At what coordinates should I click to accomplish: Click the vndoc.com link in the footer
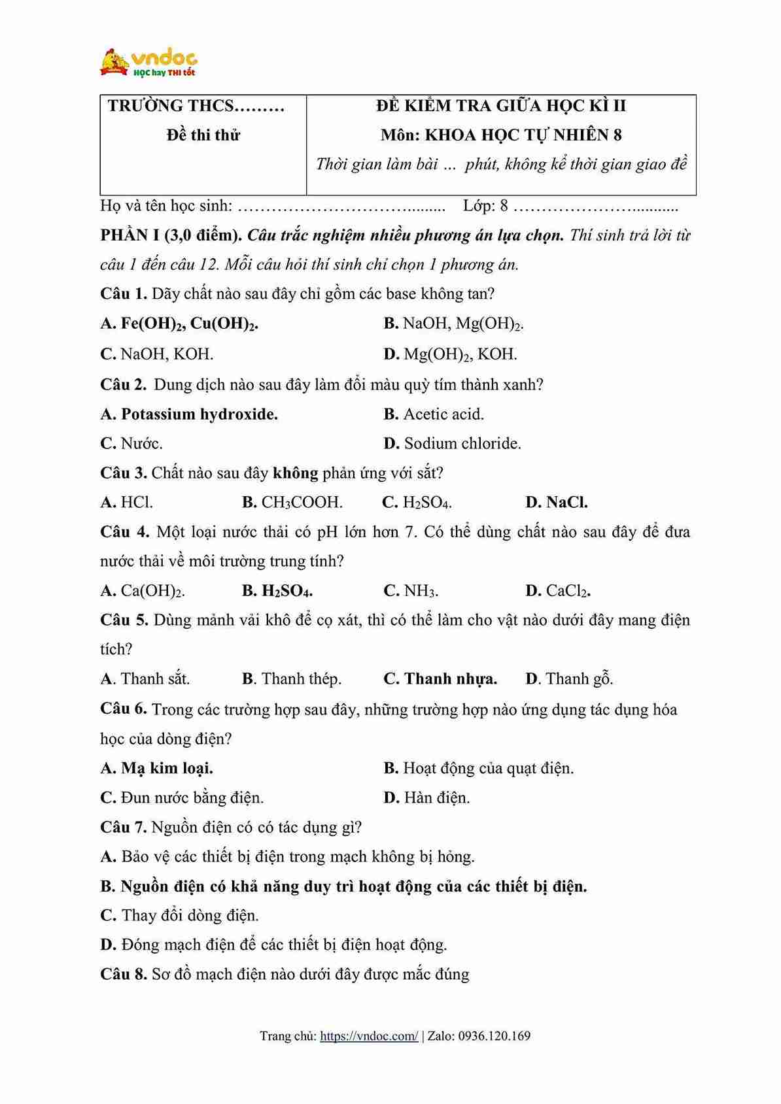369,1035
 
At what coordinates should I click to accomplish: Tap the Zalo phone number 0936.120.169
494,1035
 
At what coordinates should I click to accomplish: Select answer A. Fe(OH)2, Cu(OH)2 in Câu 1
179,324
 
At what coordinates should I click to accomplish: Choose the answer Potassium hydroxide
189,414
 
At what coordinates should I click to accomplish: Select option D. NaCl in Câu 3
556,502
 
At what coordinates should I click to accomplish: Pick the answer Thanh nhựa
440,678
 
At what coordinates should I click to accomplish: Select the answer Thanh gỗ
569,678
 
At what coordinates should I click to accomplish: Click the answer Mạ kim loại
157,768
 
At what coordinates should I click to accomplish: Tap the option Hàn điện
426,797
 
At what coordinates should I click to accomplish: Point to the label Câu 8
123,974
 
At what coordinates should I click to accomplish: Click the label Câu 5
124,620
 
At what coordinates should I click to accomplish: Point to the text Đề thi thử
203,135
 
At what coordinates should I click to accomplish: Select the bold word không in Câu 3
295,473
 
